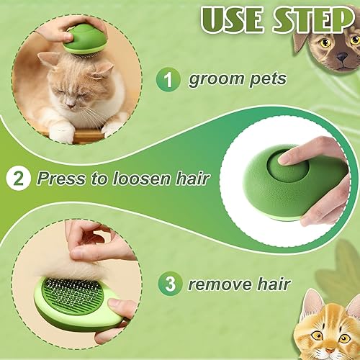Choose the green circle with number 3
tap(170, 284)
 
